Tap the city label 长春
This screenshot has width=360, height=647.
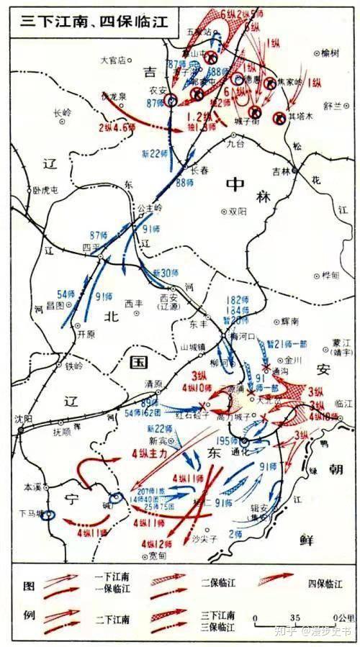[199, 171]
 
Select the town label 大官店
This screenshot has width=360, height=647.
[113, 60]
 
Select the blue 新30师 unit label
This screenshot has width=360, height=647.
[165, 272]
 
